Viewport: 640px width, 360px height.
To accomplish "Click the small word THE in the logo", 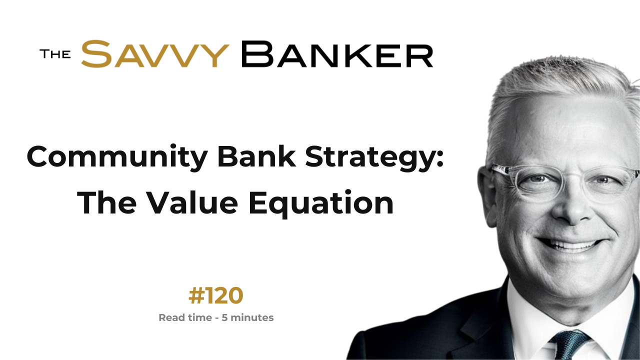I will [x=55, y=54].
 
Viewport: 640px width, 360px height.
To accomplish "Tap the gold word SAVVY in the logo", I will [x=155, y=54].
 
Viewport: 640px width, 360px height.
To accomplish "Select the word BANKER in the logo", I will [x=337, y=54].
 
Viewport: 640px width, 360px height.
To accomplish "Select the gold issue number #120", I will [x=215, y=296].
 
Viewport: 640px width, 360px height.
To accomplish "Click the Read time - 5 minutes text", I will [x=216, y=317].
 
